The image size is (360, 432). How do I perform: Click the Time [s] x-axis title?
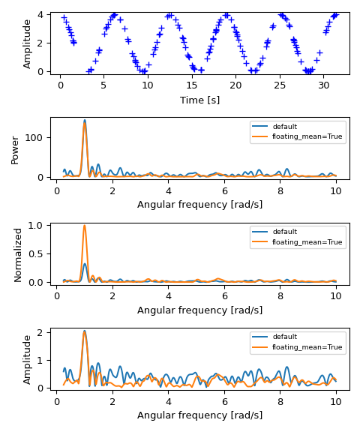[x=199, y=100]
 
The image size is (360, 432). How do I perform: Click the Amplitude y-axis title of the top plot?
[x=28, y=43]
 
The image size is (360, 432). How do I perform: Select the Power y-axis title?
[x=16, y=149]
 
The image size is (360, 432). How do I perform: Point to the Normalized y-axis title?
[x=18, y=254]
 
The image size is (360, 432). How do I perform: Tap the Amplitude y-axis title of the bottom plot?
[x=28, y=359]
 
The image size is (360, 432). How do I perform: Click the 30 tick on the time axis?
[x=323, y=85]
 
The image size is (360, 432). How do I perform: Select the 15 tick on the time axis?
[x=192, y=85]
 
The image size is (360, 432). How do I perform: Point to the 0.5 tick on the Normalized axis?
[x=38, y=253]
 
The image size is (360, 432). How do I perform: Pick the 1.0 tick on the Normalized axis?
[x=38, y=225]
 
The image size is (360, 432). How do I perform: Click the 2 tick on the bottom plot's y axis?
[x=44, y=331]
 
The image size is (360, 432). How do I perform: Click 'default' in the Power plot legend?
[x=286, y=127]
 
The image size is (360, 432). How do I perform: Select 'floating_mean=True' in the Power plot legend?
[x=307, y=137]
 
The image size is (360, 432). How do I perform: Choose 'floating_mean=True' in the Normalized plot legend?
[x=307, y=242]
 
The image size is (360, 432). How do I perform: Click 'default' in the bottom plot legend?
[x=286, y=337]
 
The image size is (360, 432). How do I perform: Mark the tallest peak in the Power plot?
[x=85, y=120]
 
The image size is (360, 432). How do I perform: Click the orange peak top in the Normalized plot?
[x=85, y=226]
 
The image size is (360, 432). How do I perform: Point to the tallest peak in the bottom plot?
[x=85, y=331]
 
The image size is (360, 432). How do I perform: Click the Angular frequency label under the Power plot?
[x=199, y=205]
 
